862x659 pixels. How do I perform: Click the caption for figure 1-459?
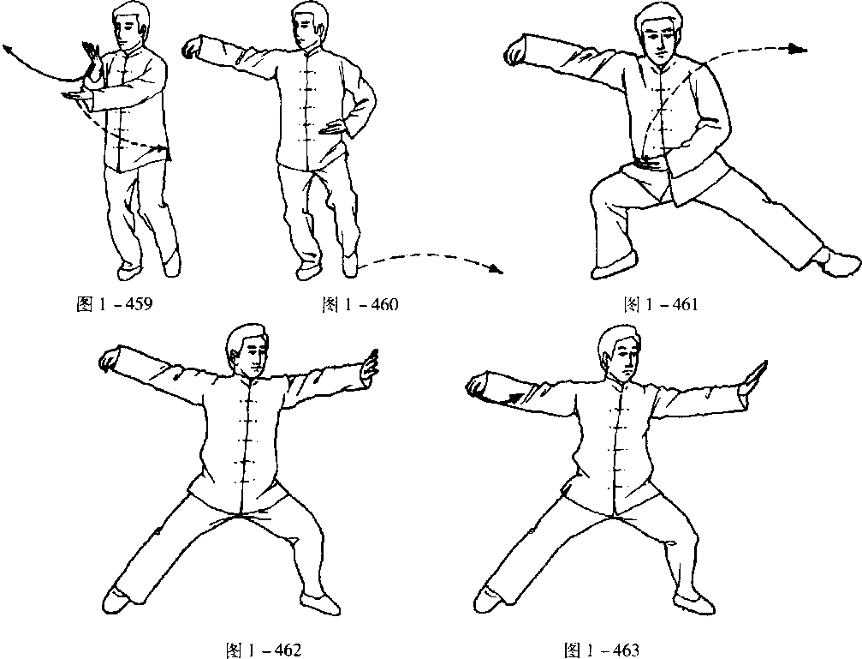(x=115, y=303)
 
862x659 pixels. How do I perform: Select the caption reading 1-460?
(x=360, y=304)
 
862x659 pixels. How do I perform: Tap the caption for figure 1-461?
(x=661, y=304)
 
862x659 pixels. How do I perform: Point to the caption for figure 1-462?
(x=264, y=650)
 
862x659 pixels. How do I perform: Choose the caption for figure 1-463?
(x=602, y=650)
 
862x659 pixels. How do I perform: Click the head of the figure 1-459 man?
(x=131, y=26)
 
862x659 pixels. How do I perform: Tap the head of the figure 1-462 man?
(x=248, y=350)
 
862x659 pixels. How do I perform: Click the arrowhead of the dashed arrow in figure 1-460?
(x=496, y=270)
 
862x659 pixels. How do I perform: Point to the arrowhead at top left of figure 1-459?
(x=8, y=50)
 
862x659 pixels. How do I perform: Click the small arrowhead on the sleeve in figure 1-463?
(x=515, y=397)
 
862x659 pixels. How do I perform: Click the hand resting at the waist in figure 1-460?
(x=333, y=129)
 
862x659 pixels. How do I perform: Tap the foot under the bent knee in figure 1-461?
(x=615, y=267)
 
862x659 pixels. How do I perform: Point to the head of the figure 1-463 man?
(x=620, y=351)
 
